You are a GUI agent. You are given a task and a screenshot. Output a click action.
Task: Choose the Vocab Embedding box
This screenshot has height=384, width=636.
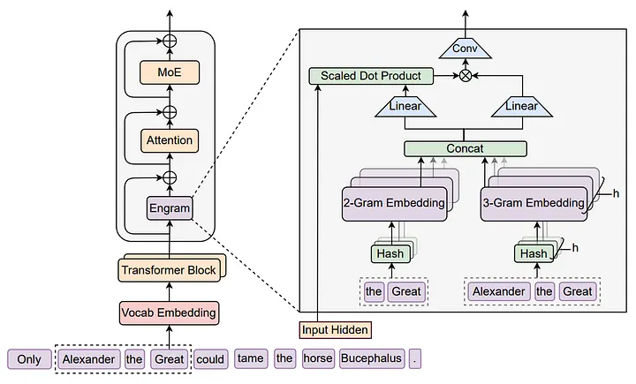click(168, 312)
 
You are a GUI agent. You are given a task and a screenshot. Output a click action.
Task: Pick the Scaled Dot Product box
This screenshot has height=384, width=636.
click(371, 76)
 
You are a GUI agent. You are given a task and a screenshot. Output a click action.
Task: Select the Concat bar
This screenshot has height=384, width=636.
click(465, 148)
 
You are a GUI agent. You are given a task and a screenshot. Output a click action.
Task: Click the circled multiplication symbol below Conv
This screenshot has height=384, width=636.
click(465, 76)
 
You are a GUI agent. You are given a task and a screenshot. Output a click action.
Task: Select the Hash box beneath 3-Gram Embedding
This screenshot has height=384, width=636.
click(532, 253)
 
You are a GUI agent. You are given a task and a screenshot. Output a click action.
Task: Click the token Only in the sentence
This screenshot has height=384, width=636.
click(29, 359)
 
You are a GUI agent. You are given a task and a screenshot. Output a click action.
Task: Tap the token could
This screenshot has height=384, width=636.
click(210, 359)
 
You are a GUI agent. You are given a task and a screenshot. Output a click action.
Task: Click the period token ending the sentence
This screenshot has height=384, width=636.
click(415, 359)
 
